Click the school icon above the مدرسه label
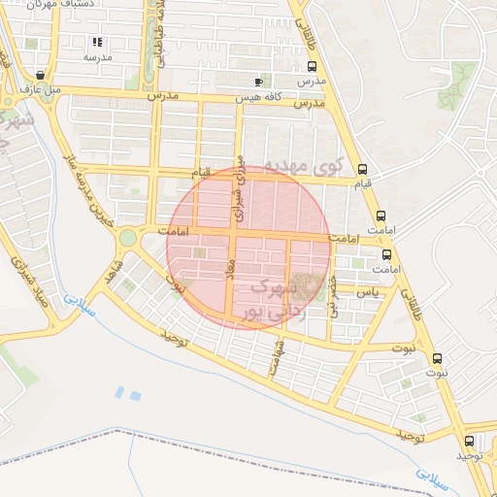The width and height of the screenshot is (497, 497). tap(96, 43)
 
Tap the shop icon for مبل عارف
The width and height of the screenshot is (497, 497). tap(39, 74)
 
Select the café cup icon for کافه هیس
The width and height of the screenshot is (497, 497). tap(257, 82)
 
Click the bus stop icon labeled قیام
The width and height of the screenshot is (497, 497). tap(362, 168)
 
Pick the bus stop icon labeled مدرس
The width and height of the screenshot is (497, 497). tap(312, 67)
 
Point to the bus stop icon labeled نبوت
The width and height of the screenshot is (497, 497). tap(436, 357)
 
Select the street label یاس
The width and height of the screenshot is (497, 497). tap(366, 291)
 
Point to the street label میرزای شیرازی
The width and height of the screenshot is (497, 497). tap(238, 185)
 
